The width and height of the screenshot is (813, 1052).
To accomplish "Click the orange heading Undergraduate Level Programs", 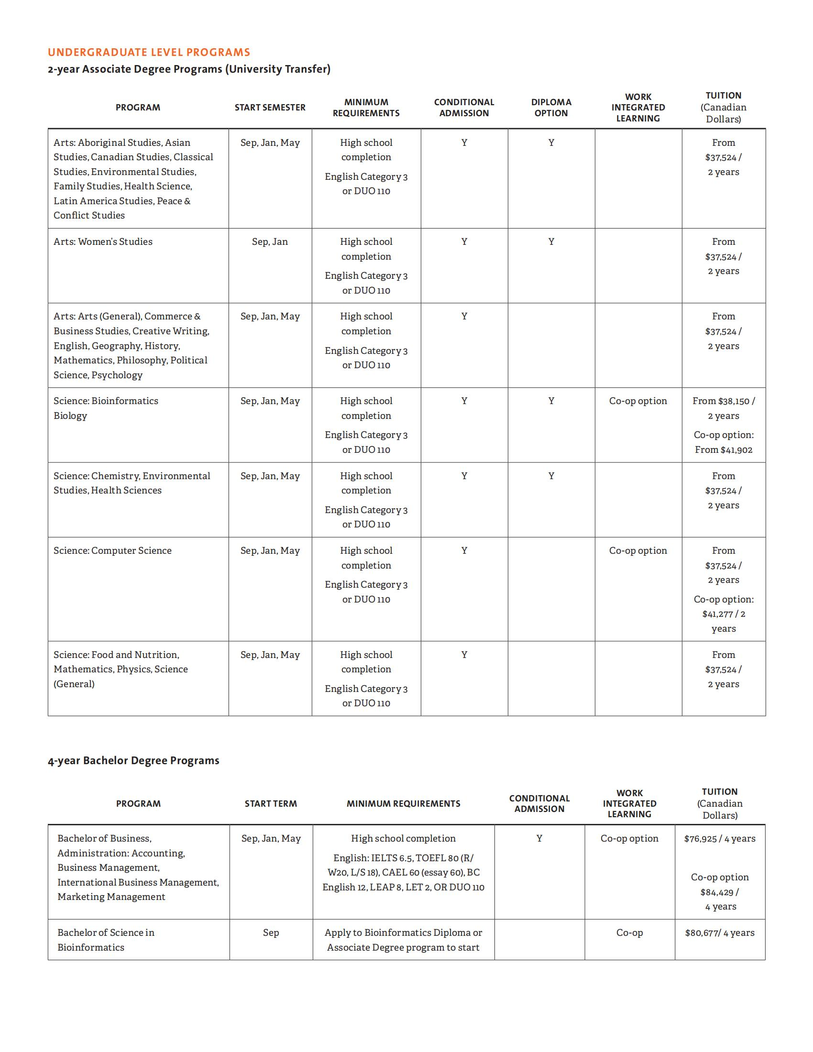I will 149,52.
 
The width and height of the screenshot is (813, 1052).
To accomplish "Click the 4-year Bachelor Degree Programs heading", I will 133,760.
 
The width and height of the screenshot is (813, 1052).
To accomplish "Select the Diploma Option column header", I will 551,108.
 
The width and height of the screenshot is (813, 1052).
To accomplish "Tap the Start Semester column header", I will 270,108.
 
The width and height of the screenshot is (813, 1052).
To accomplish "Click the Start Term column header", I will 271,803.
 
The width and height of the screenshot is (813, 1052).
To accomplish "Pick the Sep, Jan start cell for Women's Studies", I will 270,241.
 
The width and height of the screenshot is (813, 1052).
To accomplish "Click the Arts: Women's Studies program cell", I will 103,241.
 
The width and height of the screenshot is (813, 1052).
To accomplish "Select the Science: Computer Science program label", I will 112,550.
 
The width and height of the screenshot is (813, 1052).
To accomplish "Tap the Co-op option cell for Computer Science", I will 637,550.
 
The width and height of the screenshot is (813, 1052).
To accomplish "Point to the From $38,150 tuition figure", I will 724,401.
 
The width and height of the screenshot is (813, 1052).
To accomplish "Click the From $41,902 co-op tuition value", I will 724,449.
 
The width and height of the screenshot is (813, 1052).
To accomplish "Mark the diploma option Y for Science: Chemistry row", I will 551,476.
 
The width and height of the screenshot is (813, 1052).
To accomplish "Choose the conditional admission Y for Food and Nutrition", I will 464,655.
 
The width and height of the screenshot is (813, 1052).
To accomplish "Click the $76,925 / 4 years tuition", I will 720,839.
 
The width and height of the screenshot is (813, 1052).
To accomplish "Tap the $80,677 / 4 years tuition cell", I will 720,932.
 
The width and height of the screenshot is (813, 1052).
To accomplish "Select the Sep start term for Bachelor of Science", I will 271,932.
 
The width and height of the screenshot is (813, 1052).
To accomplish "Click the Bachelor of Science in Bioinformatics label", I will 106,940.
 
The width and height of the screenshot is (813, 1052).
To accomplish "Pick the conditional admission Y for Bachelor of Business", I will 539,839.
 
